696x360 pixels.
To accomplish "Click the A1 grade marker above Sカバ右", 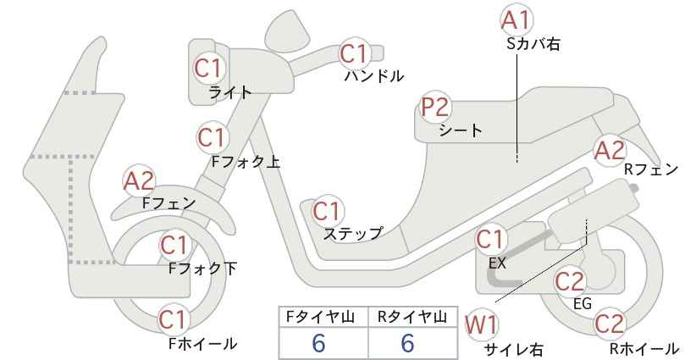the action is pyautogui.click(x=516, y=20).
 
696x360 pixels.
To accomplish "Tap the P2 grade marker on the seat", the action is pyautogui.click(x=436, y=108).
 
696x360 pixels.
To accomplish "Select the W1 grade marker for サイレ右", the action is pyautogui.click(x=481, y=324).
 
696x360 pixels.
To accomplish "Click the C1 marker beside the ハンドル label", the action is pyautogui.click(x=355, y=54).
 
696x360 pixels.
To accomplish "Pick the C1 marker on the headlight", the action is pyautogui.click(x=208, y=69).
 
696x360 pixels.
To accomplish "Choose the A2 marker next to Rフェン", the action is pyautogui.click(x=610, y=151).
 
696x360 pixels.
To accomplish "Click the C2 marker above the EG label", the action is pyautogui.click(x=570, y=280).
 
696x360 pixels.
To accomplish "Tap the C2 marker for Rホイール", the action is pyautogui.click(x=609, y=324).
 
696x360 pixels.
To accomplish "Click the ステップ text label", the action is pyautogui.click(x=353, y=234).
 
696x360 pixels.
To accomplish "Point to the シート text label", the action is pyautogui.click(x=461, y=130).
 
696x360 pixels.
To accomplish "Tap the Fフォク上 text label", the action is pyautogui.click(x=246, y=162).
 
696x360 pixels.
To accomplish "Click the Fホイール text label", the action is pyautogui.click(x=203, y=343).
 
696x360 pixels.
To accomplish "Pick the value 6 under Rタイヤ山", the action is pyautogui.click(x=407, y=343).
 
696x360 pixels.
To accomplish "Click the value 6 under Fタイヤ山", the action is pyautogui.click(x=318, y=343).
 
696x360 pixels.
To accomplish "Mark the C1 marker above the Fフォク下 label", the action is pyautogui.click(x=175, y=245).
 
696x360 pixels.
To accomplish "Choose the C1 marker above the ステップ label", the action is pyautogui.click(x=328, y=211).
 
